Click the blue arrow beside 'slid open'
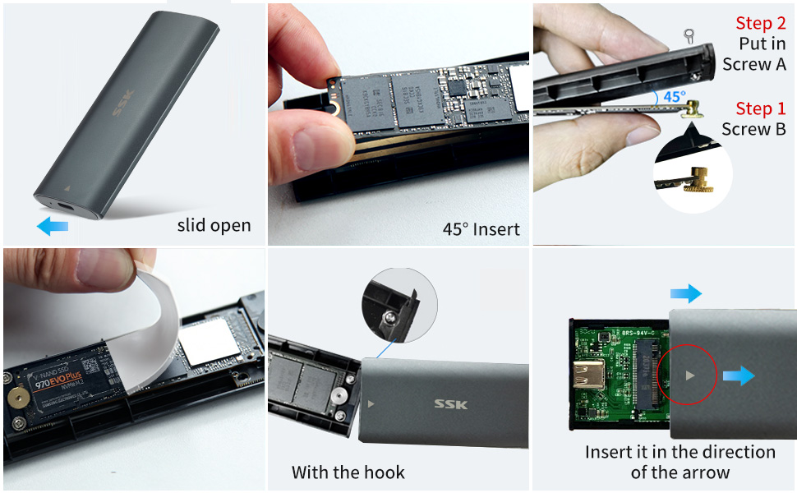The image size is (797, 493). [53, 225]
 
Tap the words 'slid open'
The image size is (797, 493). [214, 225]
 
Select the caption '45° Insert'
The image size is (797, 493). [481, 229]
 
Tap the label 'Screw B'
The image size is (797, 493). [753, 129]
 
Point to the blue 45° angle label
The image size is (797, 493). [674, 96]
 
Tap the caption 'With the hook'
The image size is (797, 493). [348, 472]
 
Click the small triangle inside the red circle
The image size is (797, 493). [690, 375]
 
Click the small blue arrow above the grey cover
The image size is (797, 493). [685, 293]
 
